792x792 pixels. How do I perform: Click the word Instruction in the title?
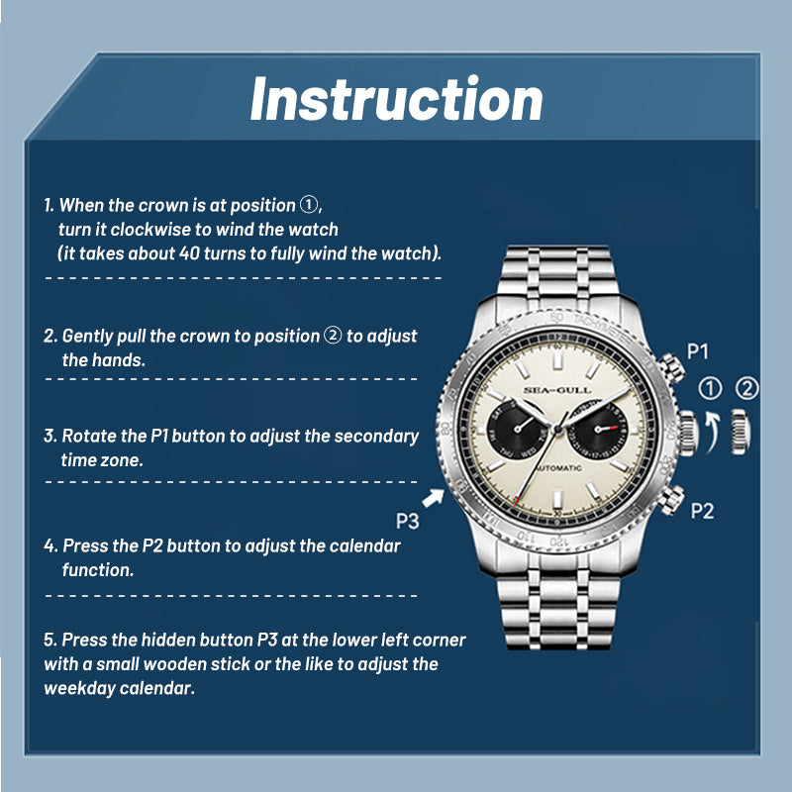coord(397,99)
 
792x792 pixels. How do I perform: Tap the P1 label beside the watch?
coord(698,351)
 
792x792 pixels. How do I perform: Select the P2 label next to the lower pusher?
coord(702,511)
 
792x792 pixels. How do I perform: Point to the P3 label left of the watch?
coord(407,521)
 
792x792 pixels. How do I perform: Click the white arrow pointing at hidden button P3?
coord(433,498)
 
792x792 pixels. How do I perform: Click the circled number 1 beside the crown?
coord(710,389)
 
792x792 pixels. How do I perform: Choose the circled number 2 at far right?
coord(747,389)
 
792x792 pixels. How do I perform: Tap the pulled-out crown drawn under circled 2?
coord(741,432)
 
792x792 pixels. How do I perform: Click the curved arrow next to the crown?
coord(712,431)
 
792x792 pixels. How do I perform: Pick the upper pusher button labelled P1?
coord(672,368)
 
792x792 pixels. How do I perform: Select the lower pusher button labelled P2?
coord(671,500)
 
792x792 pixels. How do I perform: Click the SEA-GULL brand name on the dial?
coord(557,390)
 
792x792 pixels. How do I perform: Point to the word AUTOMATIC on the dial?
coord(558,468)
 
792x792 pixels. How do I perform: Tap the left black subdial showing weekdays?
coord(517,429)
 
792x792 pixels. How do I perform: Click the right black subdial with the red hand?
coord(598,429)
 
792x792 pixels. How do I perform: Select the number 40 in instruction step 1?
coord(189,253)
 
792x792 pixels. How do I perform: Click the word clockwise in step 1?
coord(150,230)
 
